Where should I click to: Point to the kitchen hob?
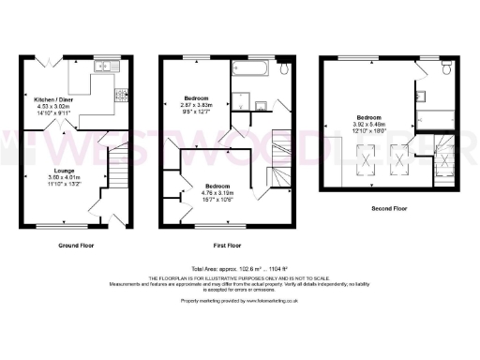click(120, 95)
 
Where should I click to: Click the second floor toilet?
click(446, 69)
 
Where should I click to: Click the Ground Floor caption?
click(76, 245)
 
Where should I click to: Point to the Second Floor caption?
click(387, 207)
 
